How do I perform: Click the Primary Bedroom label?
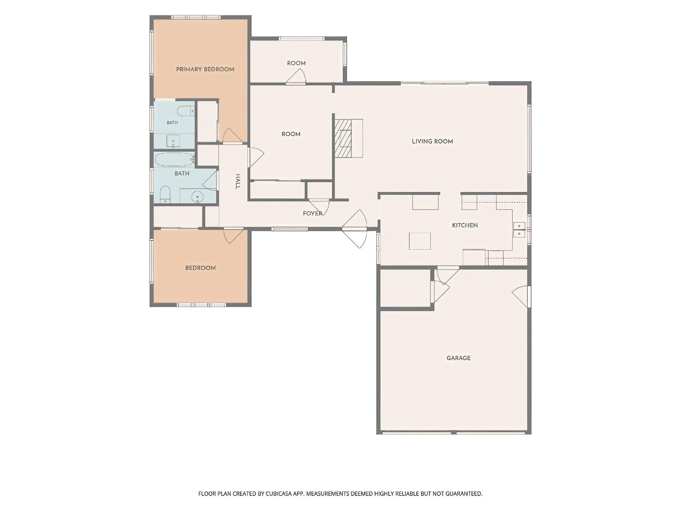tap(205, 69)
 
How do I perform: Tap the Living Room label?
tap(432, 141)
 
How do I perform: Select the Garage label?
tap(459, 358)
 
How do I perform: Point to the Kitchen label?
tap(465, 225)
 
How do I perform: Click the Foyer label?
tap(312, 213)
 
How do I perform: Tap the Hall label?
tap(237, 182)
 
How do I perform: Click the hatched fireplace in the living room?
tap(343, 138)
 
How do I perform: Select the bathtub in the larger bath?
tap(174, 159)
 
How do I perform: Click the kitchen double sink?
tap(519, 229)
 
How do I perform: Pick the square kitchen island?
tap(420, 241)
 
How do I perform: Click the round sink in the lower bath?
tap(197, 197)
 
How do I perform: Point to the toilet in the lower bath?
tap(165, 194)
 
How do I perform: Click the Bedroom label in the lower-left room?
tap(200, 268)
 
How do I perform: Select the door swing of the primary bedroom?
tap(232, 136)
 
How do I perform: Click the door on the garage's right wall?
tap(521, 297)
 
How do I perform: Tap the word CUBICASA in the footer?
tap(279, 494)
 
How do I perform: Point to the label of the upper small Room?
tap(296, 63)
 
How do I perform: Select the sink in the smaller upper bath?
tap(173, 141)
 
